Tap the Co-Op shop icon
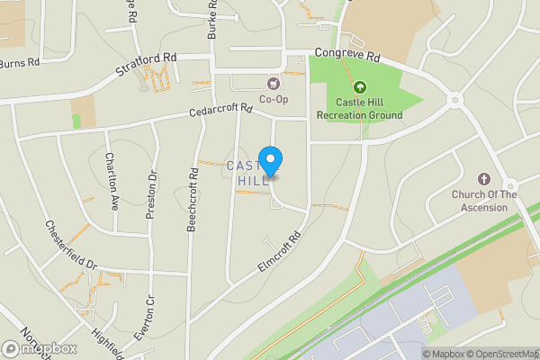coord(274,84)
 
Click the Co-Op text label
coord(274,99)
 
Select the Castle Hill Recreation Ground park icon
coord(360,87)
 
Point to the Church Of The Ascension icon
coord(484,180)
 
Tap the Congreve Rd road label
coord(347,56)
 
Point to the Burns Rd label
coord(20,64)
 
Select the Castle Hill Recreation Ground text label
coord(360,110)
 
